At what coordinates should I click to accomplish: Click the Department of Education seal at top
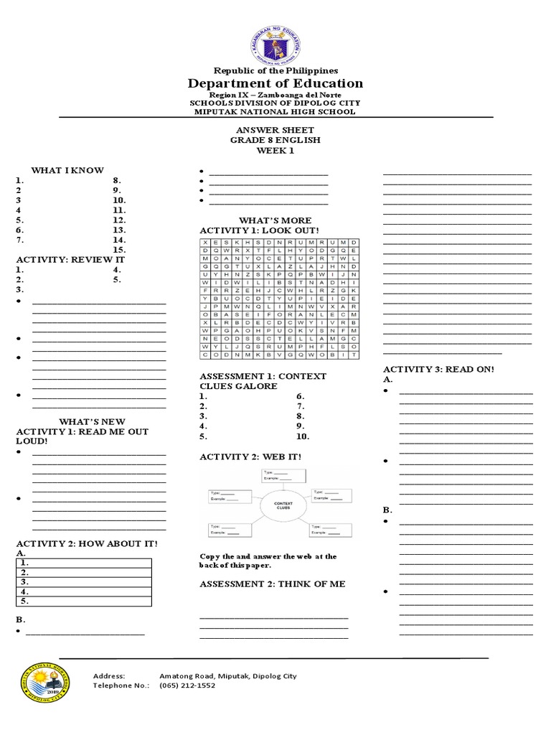[x=275, y=41]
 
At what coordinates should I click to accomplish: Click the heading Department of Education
[x=275, y=83]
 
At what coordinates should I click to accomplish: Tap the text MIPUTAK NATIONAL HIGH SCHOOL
[x=275, y=111]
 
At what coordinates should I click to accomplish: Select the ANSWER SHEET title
[x=275, y=130]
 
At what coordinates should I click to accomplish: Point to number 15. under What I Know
[x=120, y=250]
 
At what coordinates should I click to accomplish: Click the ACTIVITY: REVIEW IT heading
[x=70, y=259]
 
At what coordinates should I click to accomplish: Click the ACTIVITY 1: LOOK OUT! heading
[x=258, y=230]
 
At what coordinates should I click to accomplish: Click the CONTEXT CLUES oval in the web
[x=283, y=506]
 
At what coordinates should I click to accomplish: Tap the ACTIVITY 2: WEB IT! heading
[x=250, y=457]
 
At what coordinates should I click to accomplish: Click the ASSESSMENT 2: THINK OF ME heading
[x=272, y=584]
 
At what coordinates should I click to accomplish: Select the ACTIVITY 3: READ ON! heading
[x=439, y=368]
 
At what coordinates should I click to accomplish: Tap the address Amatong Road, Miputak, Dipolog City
[x=227, y=676]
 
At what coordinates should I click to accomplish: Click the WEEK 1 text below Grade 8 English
[x=275, y=151]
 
